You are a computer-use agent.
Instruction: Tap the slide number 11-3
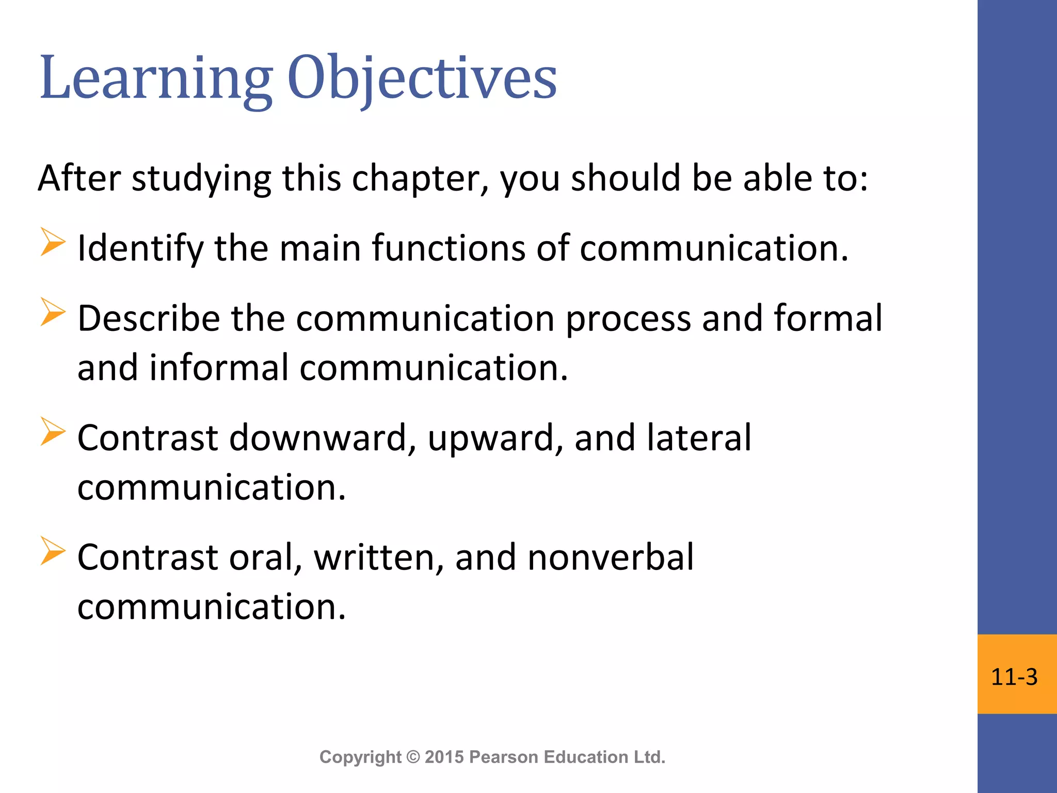pyautogui.click(x=1014, y=677)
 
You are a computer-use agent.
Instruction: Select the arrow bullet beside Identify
pyautogui.click(x=53, y=242)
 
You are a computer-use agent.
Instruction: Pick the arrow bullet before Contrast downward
pyautogui.click(x=53, y=432)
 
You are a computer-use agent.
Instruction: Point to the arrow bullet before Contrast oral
pyautogui.click(x=53, y=551)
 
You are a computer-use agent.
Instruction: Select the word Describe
pyautogui.click(x=149, y=318)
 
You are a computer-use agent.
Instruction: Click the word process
pyautogui.click(x=628, y=319)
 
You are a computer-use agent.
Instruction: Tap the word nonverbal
pyautogui.click(x=610, y=557)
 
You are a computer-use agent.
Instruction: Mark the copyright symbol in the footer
pyautogui.click(x=413, y=757)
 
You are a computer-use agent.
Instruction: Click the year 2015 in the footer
pyautogui.click(x=444, y=757)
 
